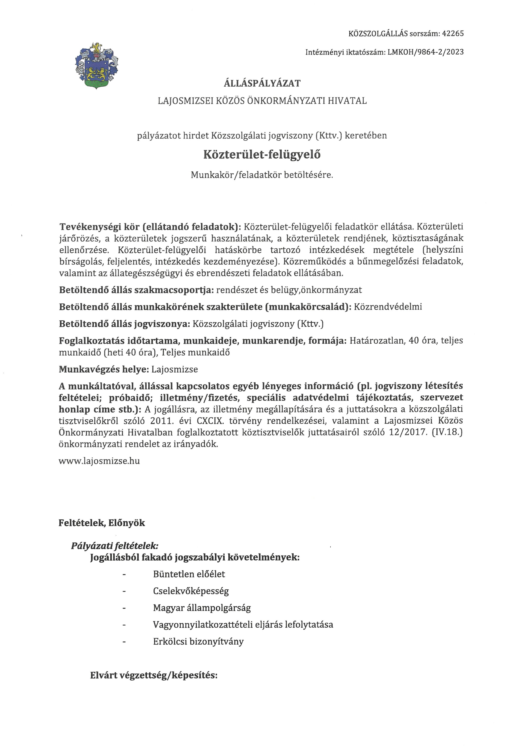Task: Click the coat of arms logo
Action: [97, 65]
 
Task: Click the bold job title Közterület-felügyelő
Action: [262, 154]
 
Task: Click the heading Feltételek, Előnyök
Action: [102, 523]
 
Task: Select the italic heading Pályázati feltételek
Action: [115, 546]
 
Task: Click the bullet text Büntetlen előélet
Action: [189, 574]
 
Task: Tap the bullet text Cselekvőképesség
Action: [191, 591]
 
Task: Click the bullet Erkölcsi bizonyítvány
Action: [198, 642]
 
